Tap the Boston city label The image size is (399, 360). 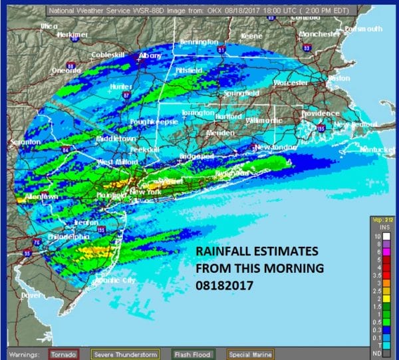[338, 78]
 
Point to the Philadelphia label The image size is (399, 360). [67, 236]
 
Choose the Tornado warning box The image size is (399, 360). [65, 353]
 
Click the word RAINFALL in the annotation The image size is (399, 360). [223, 252]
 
